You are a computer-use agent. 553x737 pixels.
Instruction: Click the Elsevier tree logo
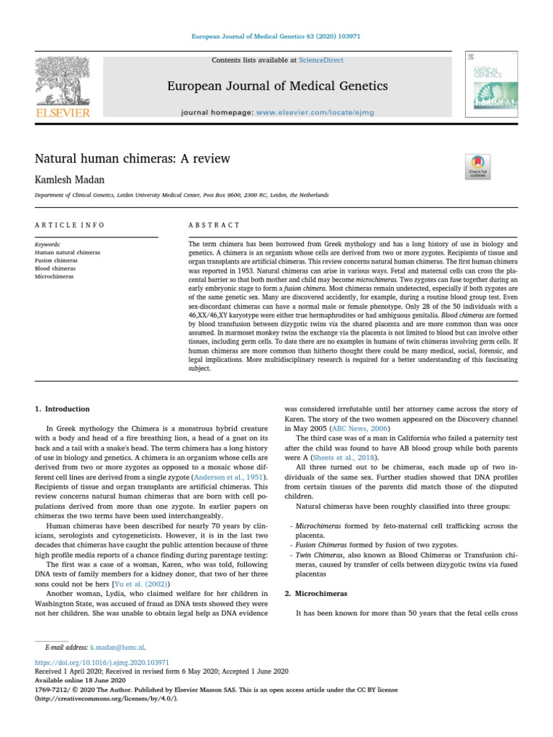coord(64,82)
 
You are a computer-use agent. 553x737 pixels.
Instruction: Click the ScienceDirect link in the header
coord(321,60)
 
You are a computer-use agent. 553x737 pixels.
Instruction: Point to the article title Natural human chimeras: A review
coord(132,158)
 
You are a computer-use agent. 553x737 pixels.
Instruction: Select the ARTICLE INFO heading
coord(69,225)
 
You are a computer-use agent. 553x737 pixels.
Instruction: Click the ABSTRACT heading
coord(214,225)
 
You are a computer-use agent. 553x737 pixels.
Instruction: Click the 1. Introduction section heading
coord(63,409)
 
